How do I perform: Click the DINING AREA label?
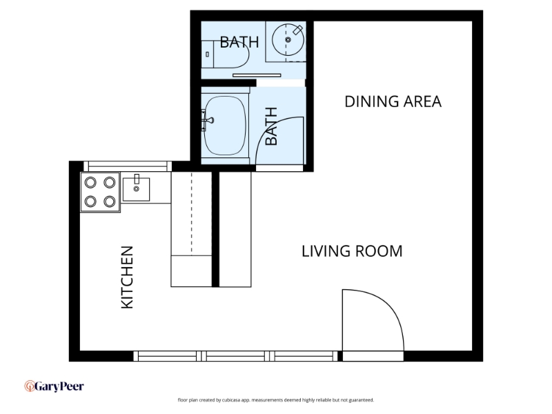(x=393, y=101)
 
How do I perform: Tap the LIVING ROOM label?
(x=352, y=251)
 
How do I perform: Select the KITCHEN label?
(x=127, y=277)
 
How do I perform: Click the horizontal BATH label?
(x=239, y=42)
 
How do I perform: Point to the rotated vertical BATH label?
(x=271, y=126)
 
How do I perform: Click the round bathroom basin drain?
(x=288, y=40)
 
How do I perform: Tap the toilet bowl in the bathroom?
(x=232, y=55)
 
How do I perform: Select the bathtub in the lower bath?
(x=225, y=126)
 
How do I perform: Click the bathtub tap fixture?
(x=208, y=120)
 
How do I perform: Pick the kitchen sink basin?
(x=136, y=189)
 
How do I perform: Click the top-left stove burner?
(x=90, y=182)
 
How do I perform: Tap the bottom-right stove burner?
(x=110, y=201)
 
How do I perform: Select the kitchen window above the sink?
(x=128, y=166)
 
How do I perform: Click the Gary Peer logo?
(x=55, y=386)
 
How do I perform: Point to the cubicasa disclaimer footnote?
(x=275, y=400)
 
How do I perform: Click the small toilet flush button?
(x=208, y=55)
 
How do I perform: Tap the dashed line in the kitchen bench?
(x=192, y=213)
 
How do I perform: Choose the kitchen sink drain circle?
(x=136, y=189)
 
